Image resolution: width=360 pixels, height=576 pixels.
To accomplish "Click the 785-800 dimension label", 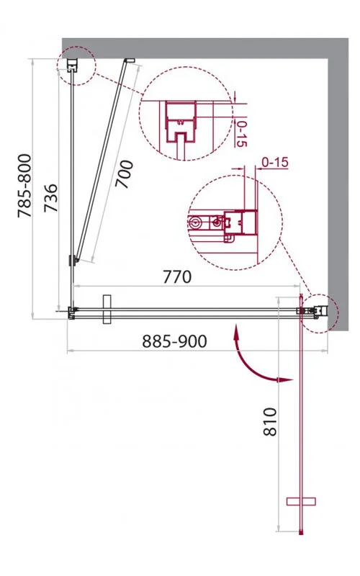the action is (24, 186).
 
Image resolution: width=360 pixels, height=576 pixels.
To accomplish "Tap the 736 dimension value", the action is (50, 199).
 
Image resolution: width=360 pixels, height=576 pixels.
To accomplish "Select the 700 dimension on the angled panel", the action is (124, 174).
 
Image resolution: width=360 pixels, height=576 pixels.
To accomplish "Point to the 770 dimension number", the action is (177, 277).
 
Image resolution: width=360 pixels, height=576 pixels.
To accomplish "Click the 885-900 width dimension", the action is (174, 341).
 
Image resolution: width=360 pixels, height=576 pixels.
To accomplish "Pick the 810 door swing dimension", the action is (270, 421).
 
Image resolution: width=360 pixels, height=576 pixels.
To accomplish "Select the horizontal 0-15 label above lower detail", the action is (275, 162).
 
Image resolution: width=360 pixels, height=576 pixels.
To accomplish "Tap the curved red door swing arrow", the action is (257, 364).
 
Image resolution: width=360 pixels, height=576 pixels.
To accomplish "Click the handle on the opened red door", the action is (301, 501).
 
